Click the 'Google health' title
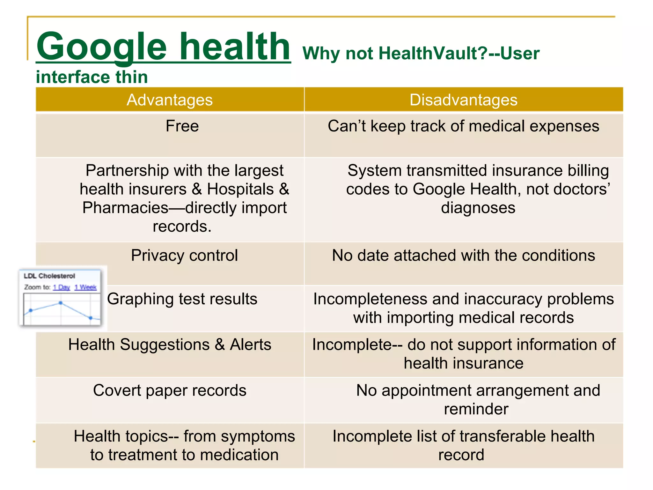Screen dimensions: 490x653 point(163,47)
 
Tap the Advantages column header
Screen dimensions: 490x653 point(170,100)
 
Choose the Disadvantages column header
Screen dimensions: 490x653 point(463,100)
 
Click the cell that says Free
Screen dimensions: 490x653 point(182,126)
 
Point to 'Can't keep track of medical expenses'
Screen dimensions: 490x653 point(463,126)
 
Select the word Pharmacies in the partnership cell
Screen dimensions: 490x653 point(125,208)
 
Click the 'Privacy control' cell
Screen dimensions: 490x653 point(184,255)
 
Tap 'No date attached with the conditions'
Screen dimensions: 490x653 point(463,255)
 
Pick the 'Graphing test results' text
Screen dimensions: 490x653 point(182,299)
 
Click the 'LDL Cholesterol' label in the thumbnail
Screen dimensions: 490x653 point(49,276)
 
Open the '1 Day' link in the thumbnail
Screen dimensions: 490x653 point(62,287)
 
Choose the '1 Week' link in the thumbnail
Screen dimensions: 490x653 point(85,287)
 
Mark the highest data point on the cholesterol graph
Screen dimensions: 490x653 point(61,303)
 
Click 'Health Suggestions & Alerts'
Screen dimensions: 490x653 point(170,345)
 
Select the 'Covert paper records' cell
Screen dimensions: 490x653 point(170,390)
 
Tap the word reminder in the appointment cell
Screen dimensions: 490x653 point(476,409)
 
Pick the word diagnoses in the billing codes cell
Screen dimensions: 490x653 point(478,208)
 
